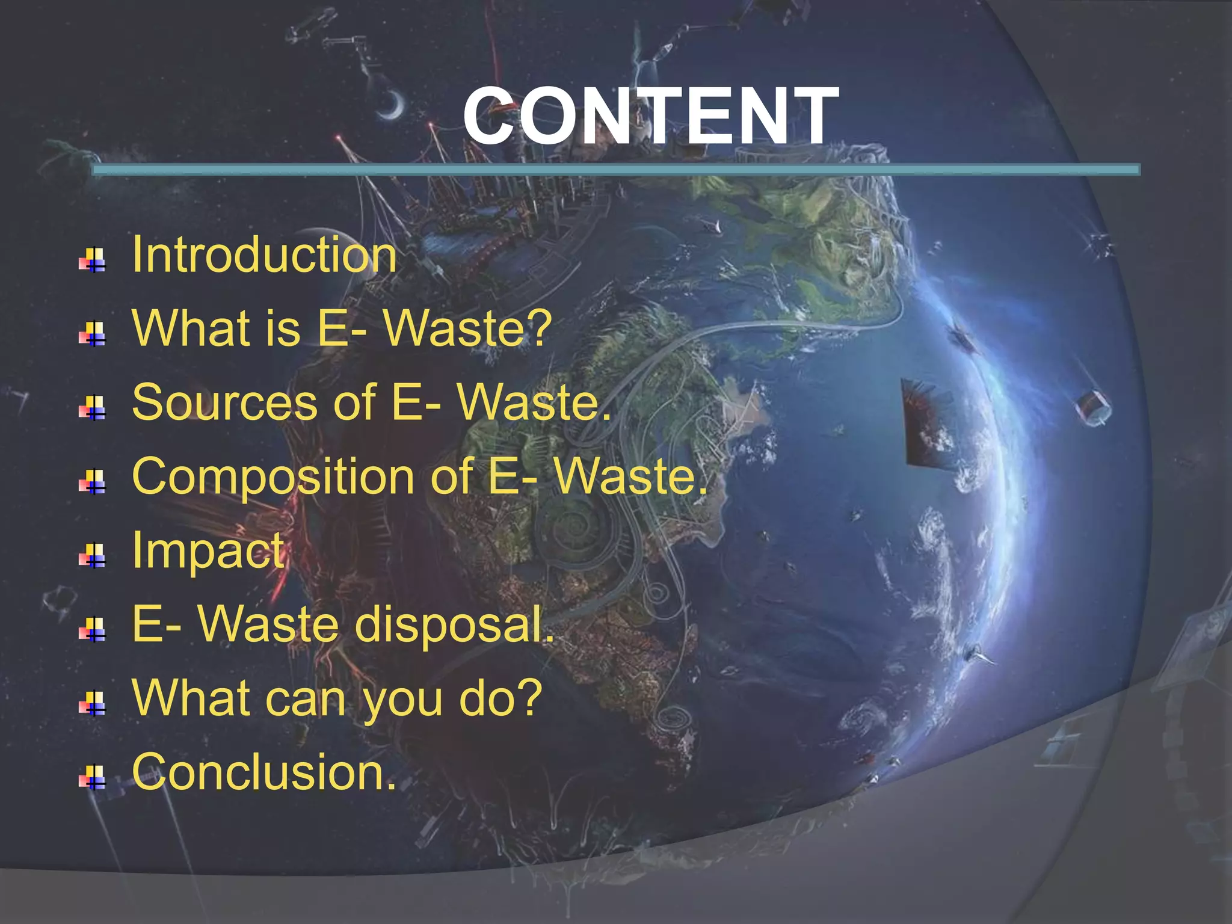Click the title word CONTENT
tap(650, 115)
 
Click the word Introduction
tap(264, 254)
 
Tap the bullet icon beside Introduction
tap(92, 260)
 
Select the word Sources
tap(224, 402)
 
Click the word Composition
tap(273, 477)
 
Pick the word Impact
tap(208, 550)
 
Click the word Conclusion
tap(264, 772)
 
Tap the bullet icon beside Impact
tap(92, 556)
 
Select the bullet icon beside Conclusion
tap(92, 777)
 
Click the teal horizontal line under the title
tap(615, 170)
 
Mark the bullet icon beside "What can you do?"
tap(92, 703)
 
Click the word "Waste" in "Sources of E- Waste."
tap(534, 402)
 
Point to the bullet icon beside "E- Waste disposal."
tap(92, 630)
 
